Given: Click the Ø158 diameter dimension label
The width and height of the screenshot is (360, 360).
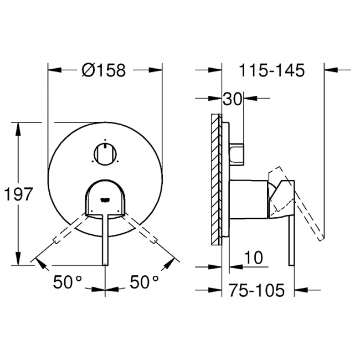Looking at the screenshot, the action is click(104, 70).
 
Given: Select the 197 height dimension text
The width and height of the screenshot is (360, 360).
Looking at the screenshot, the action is click(19, 194).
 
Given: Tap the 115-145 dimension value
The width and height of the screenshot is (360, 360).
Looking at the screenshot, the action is click(272, 70).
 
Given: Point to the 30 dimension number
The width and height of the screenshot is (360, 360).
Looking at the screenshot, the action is click(233, 99).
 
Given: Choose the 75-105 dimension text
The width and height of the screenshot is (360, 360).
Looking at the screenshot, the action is click(256, 290).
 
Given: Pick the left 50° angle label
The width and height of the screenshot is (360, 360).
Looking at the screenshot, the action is click(67, 281).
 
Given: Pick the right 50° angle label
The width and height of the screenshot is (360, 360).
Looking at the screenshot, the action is click(144, 281).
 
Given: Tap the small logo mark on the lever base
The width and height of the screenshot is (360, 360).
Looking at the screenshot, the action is click(105, 200).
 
